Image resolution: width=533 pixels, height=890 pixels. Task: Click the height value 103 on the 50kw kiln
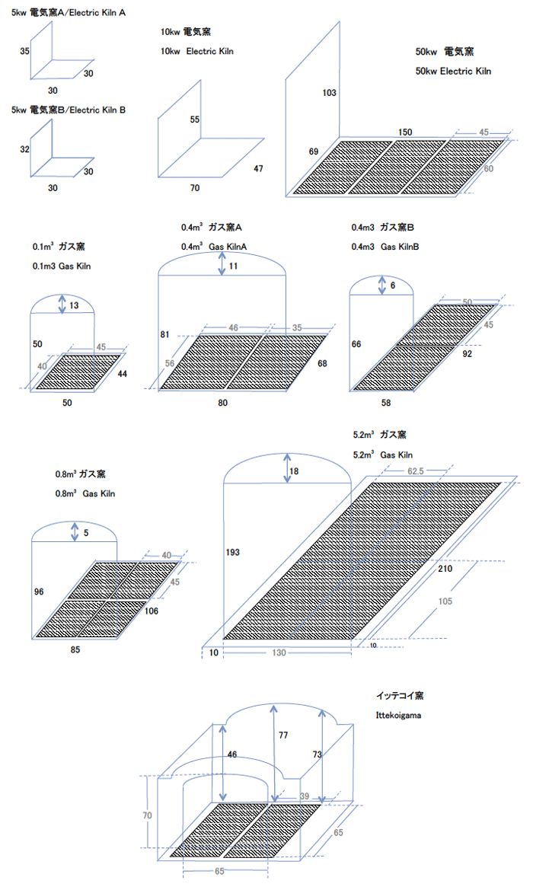tap(329, 92)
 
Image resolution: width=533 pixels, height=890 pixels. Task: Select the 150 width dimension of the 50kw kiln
tap(406, 132)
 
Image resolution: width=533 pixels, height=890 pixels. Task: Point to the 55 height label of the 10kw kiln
tap(195, 120)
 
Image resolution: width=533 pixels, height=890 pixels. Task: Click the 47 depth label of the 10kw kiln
tap(258, 168)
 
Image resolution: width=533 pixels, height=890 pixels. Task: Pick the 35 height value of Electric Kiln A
tap(25, 51)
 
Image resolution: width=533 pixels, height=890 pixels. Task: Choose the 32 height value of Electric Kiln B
tap(25, 149)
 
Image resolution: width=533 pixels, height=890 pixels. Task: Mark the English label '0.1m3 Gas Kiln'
tap(60, 266)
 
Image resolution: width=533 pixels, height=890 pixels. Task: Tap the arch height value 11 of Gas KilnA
tap(233, 266)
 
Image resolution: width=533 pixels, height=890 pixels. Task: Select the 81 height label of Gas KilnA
tap(164, 335)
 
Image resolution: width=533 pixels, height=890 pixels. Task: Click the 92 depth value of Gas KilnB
tap(467, 353)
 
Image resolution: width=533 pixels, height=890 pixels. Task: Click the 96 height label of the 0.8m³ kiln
tap(40, 591)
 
